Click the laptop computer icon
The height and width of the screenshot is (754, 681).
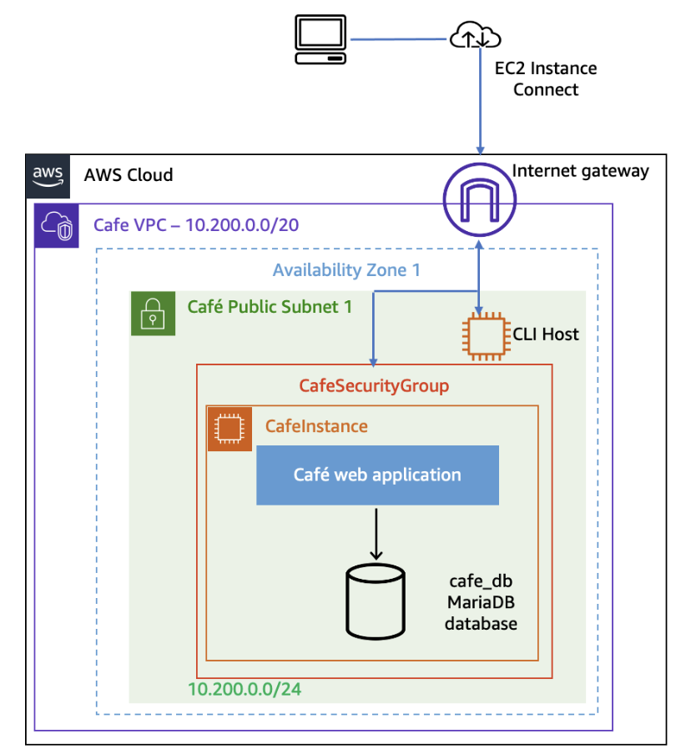pyautogui.click(x=320, y=39)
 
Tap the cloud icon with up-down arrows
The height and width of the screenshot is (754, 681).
pyautogui.click(x=475, y=37)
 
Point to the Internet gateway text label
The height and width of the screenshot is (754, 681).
pyautogui.click(x=580, y=171)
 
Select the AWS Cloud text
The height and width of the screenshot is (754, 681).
pyautogui.click(x=129, y=175)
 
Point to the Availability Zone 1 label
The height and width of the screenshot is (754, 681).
pyautogui.click(x=346, y=270)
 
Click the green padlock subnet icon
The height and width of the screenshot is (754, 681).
pyautogui.click(x=153, y=314)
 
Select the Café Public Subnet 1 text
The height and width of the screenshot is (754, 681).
pyautogui.click(x=270, y=307)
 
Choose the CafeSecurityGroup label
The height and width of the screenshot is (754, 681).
pyautogui.click(x=374, y=386)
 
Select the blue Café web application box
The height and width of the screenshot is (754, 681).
pyautogui.click(x=377, y=475)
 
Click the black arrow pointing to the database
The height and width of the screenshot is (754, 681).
pyautogui.click(x=376, y=533)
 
